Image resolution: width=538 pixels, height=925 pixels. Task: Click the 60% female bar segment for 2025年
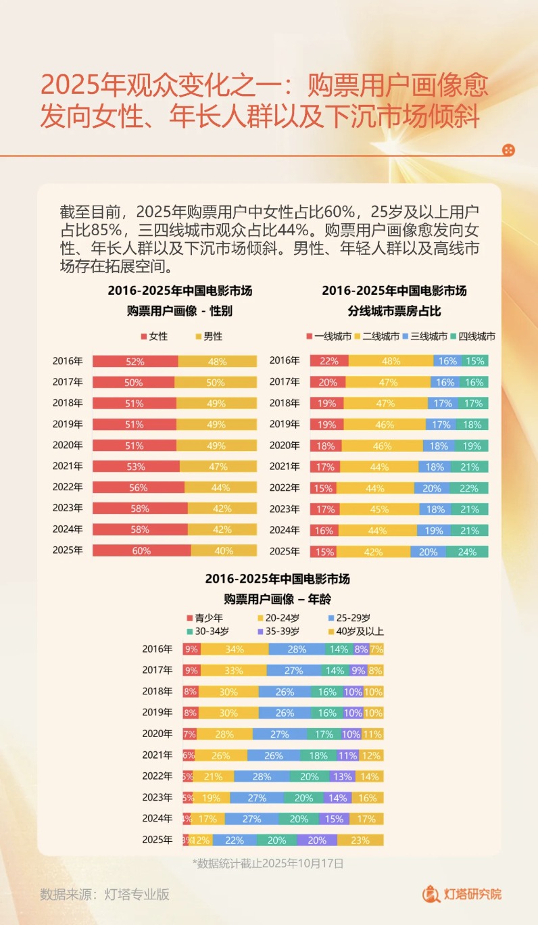[x=141, y=550]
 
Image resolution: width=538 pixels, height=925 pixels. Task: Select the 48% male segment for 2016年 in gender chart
[x=217, y=361]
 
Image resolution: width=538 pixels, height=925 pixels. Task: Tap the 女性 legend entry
[x=154, y=336]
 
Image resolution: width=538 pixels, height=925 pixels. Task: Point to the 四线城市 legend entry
[x=472, y=336]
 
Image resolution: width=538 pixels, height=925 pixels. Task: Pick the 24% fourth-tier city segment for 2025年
[x=467, y=552]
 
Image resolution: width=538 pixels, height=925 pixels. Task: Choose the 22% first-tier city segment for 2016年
[x=329, y=361]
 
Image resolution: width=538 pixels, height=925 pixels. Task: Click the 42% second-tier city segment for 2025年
[x=373, y=552]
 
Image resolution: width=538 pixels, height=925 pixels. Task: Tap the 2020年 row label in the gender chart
[x=68, y=446]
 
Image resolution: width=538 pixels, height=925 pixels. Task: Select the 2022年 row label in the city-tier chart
[x=285, y=488]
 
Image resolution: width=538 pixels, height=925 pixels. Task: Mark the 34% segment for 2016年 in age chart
[x=235, y=650]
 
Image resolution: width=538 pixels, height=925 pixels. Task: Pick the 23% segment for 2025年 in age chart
[x=360, y=840]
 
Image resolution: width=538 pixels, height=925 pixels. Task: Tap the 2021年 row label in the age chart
[x=157, y=755]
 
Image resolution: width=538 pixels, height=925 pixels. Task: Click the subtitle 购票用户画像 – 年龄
[x=277, y=599]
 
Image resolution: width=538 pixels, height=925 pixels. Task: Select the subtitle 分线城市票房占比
[x=394, y=311]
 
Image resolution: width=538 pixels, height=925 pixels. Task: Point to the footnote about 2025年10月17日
[x=268, y=863]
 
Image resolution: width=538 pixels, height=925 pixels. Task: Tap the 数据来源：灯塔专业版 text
[x=105, y=894]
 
